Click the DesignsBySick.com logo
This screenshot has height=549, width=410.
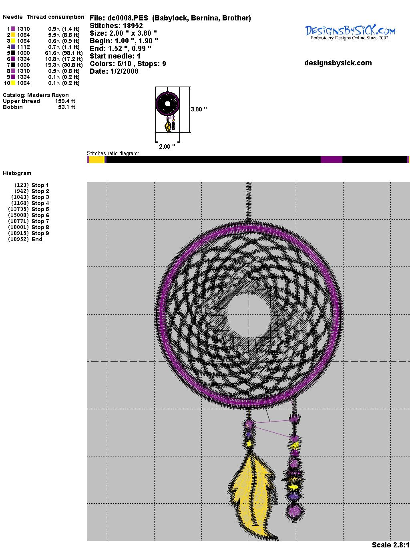350,32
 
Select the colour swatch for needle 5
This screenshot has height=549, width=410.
13,53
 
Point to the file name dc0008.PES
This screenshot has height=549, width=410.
128,18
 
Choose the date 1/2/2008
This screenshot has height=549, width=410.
125,71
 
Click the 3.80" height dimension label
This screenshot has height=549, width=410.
199,109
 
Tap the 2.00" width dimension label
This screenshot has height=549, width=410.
167,146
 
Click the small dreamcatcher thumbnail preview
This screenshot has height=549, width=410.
168,109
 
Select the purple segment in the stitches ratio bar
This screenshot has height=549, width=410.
331,159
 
